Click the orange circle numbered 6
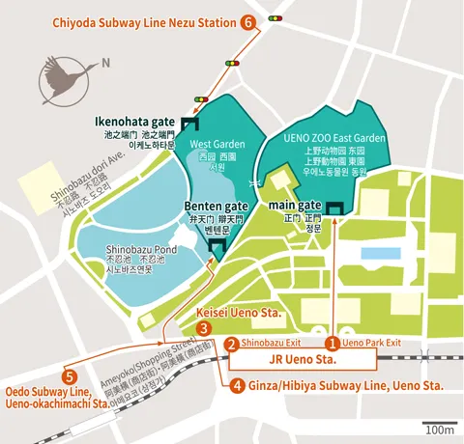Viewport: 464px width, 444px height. point(249,21)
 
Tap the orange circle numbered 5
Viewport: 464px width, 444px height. point(68,376)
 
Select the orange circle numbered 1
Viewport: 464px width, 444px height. point(332,343)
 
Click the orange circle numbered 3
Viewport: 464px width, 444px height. point(203,329)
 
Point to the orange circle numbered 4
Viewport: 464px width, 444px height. point(238,385)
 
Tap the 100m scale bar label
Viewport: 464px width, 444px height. point(440,429)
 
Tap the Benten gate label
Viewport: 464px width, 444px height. point(215,207)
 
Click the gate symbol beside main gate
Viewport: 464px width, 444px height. point(334,208)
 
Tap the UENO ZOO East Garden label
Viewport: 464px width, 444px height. point(333,139)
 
